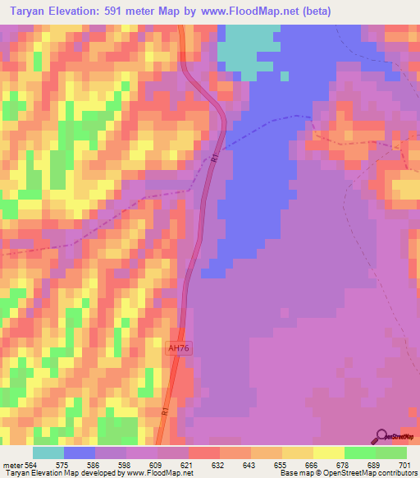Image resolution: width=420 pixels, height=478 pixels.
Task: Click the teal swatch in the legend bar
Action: coord(48,453)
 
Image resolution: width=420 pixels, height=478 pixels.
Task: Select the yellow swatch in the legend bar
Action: coord(328,453)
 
